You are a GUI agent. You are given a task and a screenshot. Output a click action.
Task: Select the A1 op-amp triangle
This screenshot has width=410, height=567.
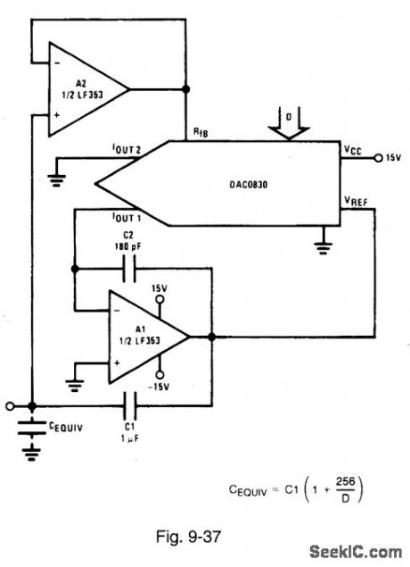147,337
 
